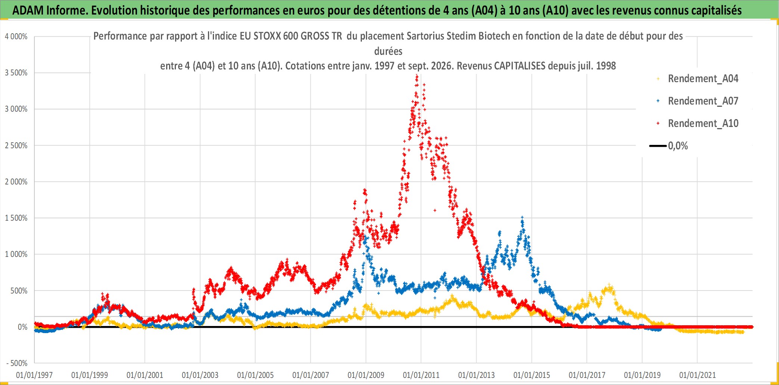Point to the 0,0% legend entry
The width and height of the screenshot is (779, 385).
point(669,146)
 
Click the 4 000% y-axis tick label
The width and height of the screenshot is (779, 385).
point(16,37)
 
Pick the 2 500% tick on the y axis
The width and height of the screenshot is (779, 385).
point(16,146)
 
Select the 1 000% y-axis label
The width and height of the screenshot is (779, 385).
point(16,254)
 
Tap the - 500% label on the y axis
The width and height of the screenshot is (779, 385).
point(17,363)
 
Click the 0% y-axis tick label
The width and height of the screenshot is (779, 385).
point(22,327)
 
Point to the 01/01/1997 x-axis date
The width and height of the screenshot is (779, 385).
point(34,375)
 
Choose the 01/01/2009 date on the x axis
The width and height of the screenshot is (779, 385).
point(366,375)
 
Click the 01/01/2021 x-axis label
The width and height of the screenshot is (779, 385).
point(698,375)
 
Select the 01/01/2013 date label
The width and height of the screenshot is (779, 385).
point(477,375)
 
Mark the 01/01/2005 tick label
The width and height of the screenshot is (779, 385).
point(255,375)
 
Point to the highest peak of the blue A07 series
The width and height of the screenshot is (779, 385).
point(522,217)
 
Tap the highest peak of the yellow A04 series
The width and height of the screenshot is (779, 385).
point(609,285)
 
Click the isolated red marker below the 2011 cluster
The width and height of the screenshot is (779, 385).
point(435,210)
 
